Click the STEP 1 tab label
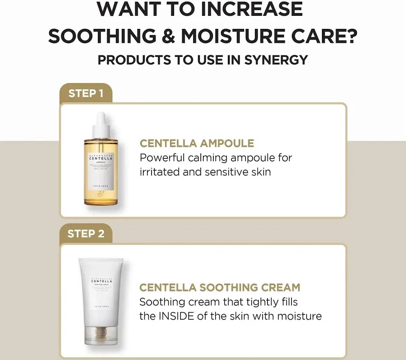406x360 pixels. tap(86, 93)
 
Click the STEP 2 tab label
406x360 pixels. tap(86, 234)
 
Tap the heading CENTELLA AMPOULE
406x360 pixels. tap(197, 143)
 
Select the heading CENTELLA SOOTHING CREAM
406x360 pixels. tap(220, 287)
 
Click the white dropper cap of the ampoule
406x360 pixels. tap(101, 125)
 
